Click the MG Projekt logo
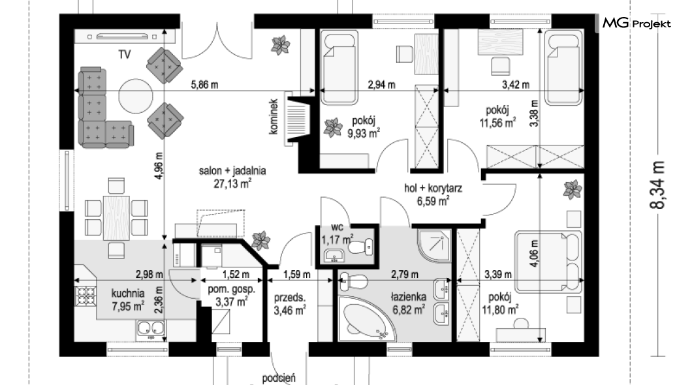pyautogui.click(x=637, y=23)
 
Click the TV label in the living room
pyautogui.click(x=125, y=54)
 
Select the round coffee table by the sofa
pyautogui.click(x=137, y=96)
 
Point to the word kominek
pyautogui.click(x=274, y=116)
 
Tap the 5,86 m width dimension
pyautogui.click(x=204, y=85)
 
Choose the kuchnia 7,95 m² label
pyautogui.click(x=128, y=300)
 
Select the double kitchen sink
pyautogui.click(x=151, y=329)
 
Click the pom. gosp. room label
pyautogui.click(x=231, y=290)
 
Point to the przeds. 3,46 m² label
pyautogui.click(x=290, y=304)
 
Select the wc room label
pyautogui.click(x=337, y=228)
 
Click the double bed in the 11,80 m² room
pyautogui.click(x=548, y=262)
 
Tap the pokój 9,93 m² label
pyautogui.click(x=364, y=127)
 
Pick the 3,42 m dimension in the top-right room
pyautogui.click(x=516, y=85)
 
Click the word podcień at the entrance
pyautogui.click(x=279, y=378)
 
